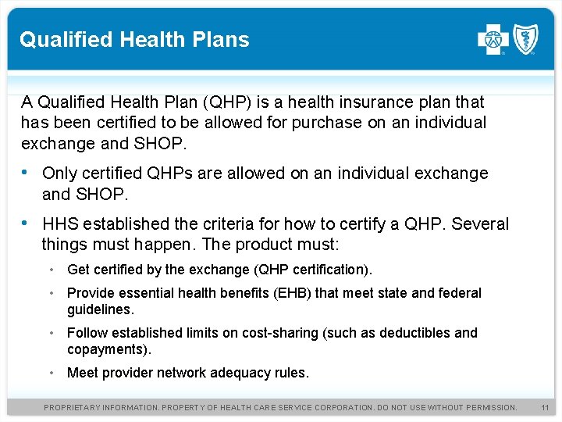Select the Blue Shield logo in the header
click(525, 39)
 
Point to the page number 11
click(545, 408)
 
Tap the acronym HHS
click(60, 224)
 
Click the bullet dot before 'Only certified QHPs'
click(27, 173)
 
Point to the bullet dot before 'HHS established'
click(27, 224)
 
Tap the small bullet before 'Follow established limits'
click(50, 333)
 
